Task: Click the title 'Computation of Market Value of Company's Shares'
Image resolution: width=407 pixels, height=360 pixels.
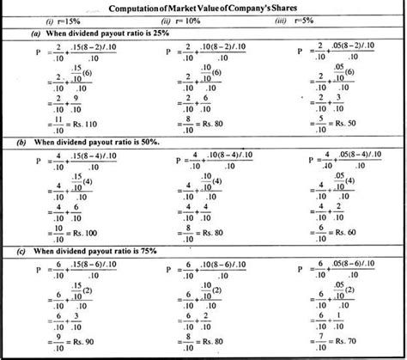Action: click(203, 8)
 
